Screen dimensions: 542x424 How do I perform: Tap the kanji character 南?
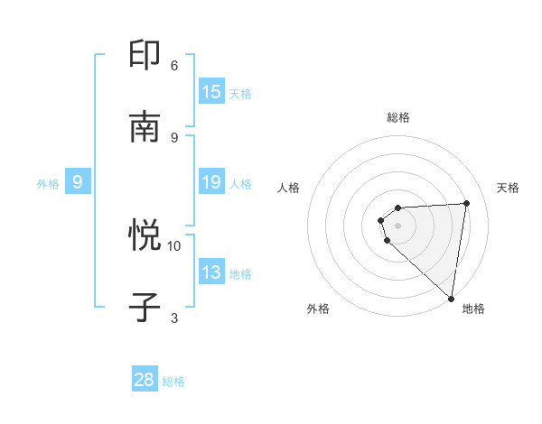(x=146, y=127)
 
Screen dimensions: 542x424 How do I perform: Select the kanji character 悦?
(x=146, y=236)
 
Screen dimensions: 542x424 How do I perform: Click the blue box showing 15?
(x=211, y=92)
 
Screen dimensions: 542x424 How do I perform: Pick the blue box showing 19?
(x=211, y=183)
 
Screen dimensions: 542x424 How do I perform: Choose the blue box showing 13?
(x=211, y=273)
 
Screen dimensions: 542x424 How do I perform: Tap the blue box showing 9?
(x=78, y=183)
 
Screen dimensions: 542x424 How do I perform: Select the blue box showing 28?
(x=145, y=380)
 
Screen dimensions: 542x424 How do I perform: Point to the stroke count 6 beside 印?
(x=174, y=65)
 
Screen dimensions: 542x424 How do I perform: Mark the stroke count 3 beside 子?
(x=174, y=318)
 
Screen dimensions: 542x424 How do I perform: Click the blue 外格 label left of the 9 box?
(x=48, y=184)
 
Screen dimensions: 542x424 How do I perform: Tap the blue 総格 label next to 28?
(x=173, y=382)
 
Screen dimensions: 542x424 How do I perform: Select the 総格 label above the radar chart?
(x=398, y=117)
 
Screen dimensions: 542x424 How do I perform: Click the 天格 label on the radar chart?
(x=508, y=188)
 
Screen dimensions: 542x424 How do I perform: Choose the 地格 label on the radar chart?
(x=473, y=309)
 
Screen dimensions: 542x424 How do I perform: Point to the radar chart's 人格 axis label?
(x=289, y=188)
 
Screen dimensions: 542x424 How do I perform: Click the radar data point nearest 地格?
(x=451, y=298)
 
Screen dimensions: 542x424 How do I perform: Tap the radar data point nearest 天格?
(x=466, y=203)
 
